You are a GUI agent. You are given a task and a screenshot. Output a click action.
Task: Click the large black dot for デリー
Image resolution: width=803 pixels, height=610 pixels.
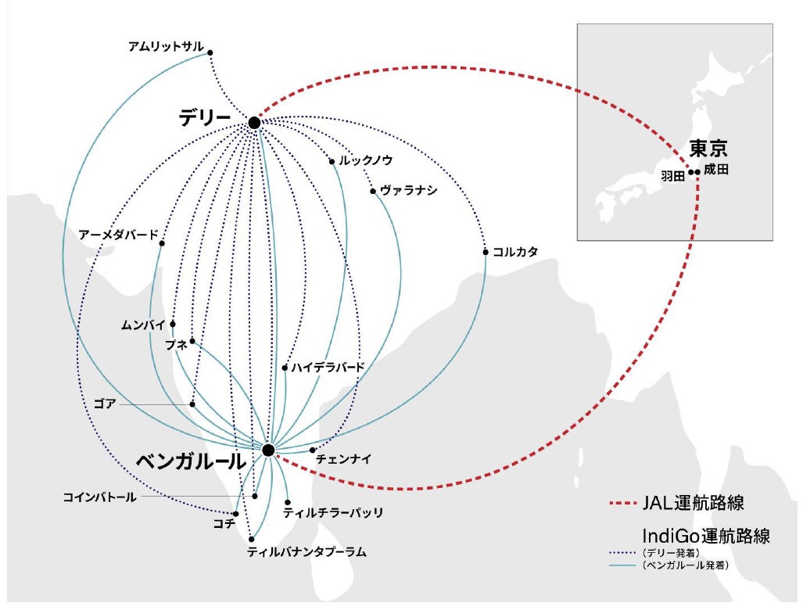click(x=254, y=123)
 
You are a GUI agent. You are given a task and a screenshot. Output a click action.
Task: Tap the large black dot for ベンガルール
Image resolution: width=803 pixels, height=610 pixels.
click(x=268, y=450)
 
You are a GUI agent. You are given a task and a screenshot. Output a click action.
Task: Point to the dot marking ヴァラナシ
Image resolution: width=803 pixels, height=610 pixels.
click(x=373, y=191)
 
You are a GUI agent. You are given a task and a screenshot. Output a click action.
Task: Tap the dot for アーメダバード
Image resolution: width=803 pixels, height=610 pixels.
click(x=162, y=243)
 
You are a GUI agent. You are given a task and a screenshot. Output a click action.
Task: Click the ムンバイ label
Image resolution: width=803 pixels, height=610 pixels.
click(x=144, y=324)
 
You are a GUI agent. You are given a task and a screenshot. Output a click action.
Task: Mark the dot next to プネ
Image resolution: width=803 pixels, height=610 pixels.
click(x=192, y=341)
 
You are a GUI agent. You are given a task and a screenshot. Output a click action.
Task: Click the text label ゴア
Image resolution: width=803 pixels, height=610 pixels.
click(x=106, y=404)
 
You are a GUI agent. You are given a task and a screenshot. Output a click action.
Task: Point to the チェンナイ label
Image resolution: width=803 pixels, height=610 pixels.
click(x=343, y=459)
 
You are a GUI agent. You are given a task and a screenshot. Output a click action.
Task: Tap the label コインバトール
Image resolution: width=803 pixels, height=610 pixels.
click(x=99, y=497)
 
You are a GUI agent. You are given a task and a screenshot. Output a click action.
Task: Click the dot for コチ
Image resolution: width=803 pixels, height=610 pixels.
click(x=235, y=514)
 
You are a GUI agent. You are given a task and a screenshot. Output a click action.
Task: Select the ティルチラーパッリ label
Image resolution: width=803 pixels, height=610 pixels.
click(x=333, y=513)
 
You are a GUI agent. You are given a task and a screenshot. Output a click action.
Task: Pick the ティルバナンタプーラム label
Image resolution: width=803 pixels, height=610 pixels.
click(x=307, y=551)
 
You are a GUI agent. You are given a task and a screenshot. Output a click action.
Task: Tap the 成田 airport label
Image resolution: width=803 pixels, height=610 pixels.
click(x=716, y=170)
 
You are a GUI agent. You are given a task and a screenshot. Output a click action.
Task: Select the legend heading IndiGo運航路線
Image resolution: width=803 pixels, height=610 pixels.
click(x=705, y=536)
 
